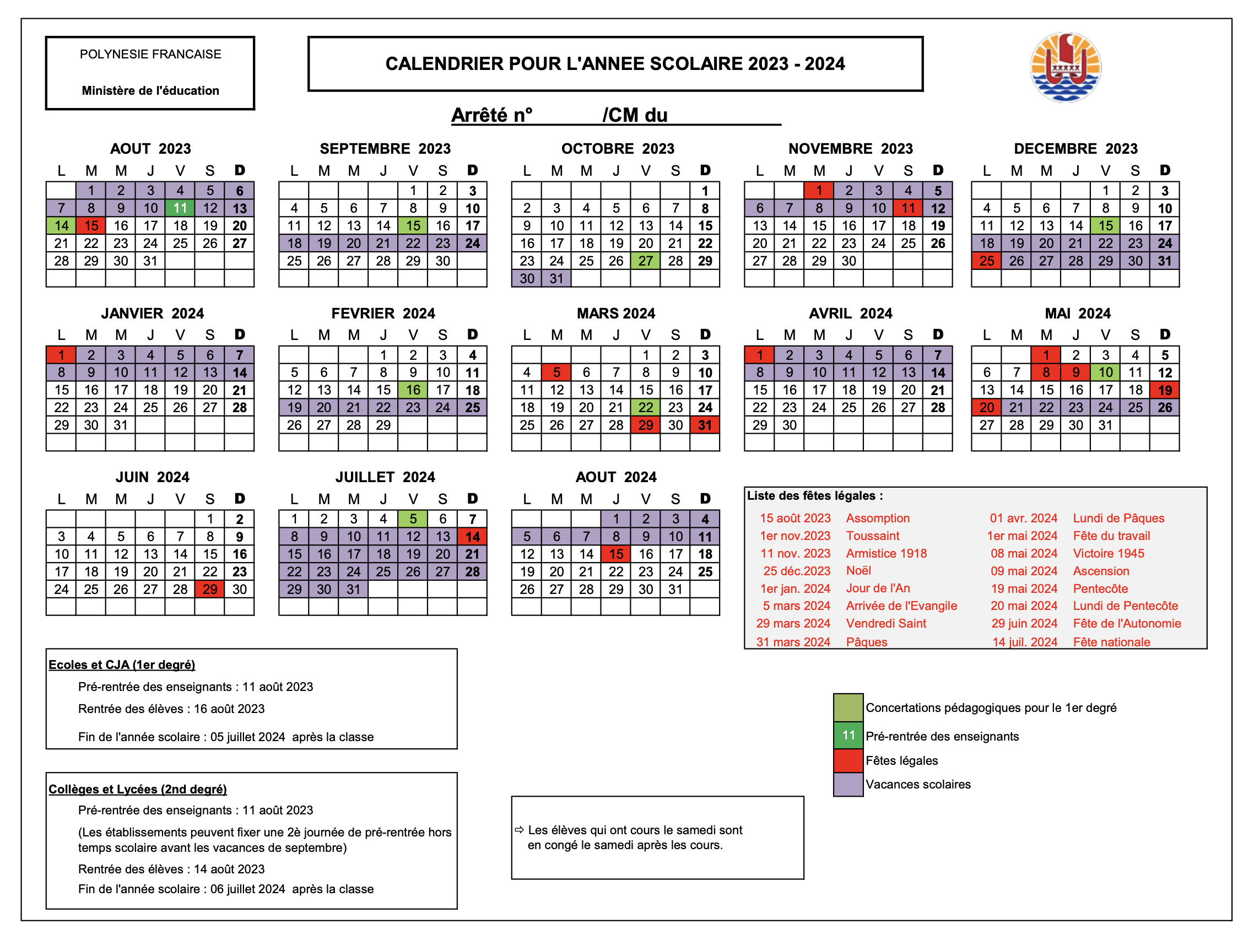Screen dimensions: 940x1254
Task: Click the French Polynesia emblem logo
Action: point(1065,67)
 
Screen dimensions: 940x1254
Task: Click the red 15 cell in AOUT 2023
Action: point(91,226)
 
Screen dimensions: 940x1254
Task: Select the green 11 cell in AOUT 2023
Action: point(180,208)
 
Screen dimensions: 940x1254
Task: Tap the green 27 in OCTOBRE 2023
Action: point(645,261)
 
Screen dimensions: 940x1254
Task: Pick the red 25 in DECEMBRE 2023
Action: point(986,261)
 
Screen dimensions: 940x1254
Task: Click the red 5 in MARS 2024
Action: point(556,372)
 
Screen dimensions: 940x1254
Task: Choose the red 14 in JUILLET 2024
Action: point(472,536)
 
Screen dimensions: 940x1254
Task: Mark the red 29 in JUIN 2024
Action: point(210,589)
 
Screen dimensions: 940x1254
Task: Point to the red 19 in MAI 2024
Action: point(1164,390)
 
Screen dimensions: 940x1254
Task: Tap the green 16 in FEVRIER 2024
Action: point(413,390)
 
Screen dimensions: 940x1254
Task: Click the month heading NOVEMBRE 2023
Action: point(850,149)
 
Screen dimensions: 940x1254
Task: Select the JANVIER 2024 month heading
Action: point(152,314)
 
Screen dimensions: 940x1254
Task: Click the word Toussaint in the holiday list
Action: point(873,536)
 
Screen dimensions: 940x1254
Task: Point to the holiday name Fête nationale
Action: point(1111,642)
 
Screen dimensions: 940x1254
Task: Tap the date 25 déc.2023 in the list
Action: point(796,571)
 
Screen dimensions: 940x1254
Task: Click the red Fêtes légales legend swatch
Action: point(848,760)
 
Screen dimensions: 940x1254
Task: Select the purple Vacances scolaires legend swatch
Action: point(848,785)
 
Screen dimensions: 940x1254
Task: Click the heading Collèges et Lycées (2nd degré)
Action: point(137,789)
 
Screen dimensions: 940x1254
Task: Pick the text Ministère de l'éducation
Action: point(150,91)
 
